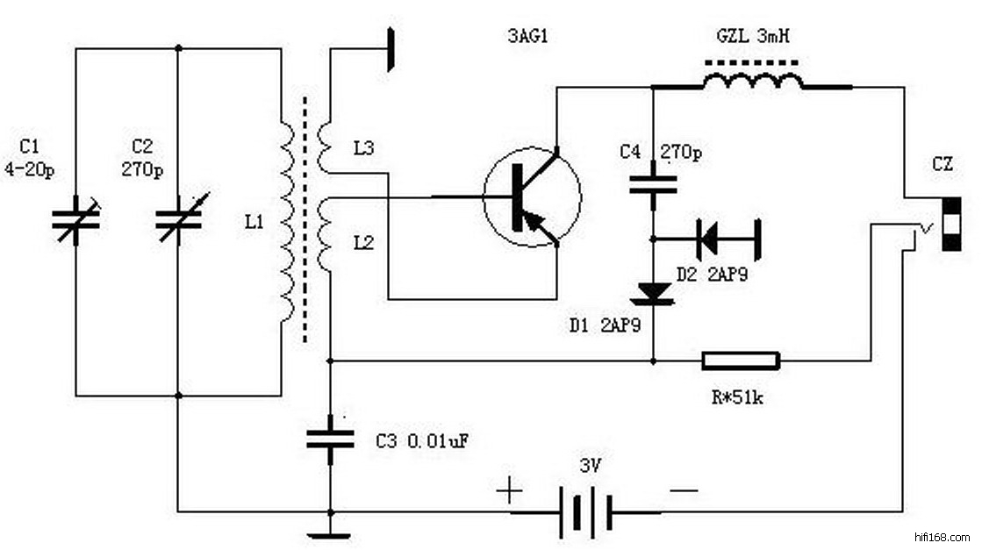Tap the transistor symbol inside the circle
point(532,196)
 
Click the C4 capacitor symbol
point(653,185)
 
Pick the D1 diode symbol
point(653,294)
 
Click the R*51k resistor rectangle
point(740,360)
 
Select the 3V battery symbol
point(584,511)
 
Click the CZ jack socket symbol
point(950,225)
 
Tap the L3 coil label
point(364,149)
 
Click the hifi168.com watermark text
point(942,536)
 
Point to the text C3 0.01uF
point(419,441)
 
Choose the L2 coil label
point(364,242)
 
